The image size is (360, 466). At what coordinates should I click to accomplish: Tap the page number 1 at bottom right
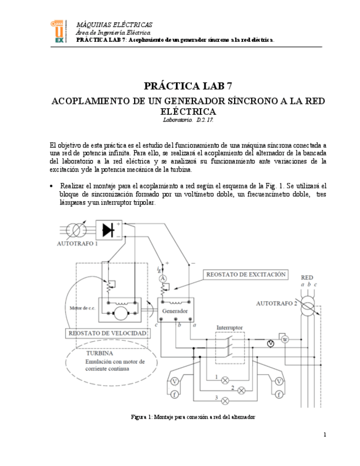pyautogui.click(x=325, y=435)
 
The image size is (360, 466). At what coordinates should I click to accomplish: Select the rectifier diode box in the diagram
pyautogui.click(x=109, y=230)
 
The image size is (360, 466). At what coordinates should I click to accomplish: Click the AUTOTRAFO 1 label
pyautogui.click(x=77, y=243)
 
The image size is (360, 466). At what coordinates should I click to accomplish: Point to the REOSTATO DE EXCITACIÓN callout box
pyautogui.click(x=246, y=274)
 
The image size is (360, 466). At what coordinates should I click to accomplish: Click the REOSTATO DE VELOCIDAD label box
pyautogui.click(x=107, y=333)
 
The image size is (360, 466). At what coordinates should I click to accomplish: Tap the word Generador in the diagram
pyautogui.click(x=176, y=311)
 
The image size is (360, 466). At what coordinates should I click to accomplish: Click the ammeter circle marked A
pyautogui.click(x=163, y=279)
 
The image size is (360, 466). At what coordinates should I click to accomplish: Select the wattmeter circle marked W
pyautogui.click(x=285, y=339)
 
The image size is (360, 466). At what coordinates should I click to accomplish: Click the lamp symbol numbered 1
pyautogui.click(x=225, y=380)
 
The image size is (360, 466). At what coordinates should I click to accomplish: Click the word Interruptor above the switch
pyautogui.click(x=229, y=328)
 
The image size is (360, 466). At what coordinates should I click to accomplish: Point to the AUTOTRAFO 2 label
pyautogui.click(x=276, y=303)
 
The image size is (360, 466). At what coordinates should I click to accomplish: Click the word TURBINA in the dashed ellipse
pyautogui.click(x=99, y=353)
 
